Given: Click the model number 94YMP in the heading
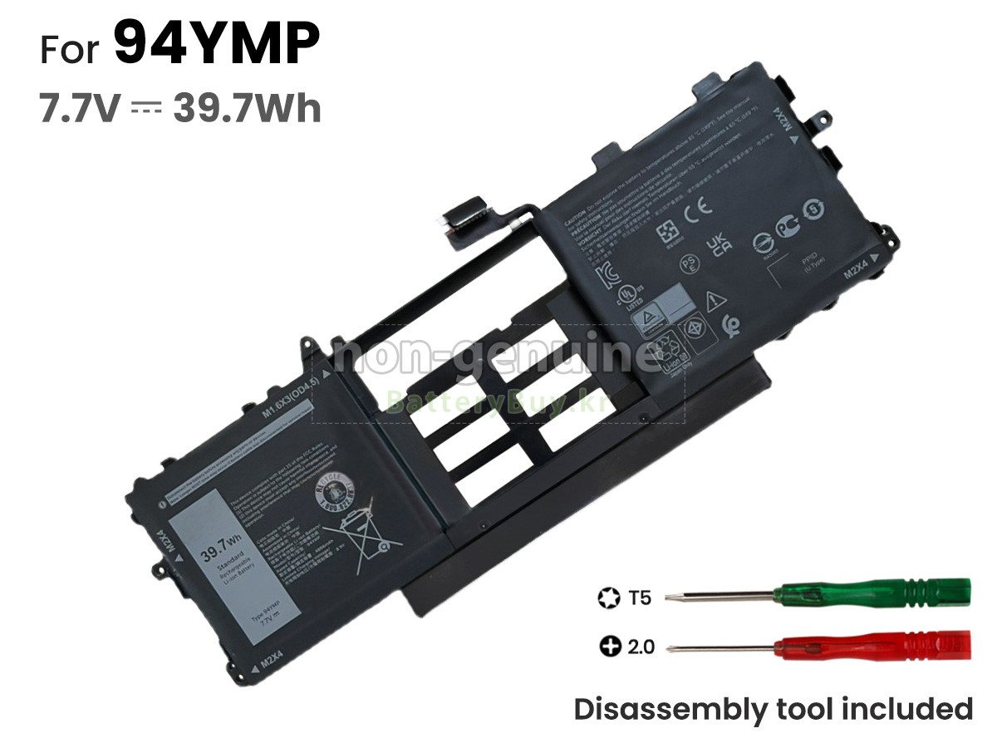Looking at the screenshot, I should click(216, 46).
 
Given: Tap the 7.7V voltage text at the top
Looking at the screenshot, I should click(80, 108).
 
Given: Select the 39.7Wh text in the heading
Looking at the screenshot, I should click(247, 108).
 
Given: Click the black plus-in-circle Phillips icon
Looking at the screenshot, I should click(611, 646).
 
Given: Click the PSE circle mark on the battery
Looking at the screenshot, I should click(688, 263).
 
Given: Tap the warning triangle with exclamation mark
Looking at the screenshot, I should click(712, 300).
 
